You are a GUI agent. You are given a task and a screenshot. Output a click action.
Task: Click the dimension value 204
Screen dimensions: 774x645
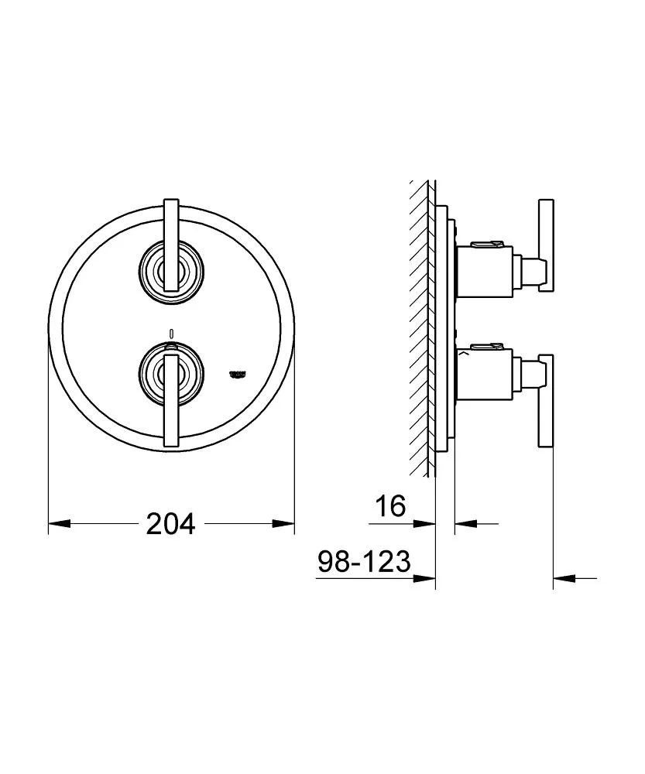170,524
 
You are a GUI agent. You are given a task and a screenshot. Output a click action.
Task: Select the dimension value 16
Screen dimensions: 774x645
390,507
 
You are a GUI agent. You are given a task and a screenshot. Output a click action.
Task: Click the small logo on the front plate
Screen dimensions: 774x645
236,373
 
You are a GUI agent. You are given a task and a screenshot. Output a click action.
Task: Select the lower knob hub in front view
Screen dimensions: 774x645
171,370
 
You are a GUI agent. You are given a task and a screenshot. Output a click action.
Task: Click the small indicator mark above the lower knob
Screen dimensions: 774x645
171,334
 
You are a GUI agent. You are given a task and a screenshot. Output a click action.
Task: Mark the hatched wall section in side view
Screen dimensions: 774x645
422,325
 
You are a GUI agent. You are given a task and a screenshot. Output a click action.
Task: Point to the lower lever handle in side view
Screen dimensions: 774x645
547,400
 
